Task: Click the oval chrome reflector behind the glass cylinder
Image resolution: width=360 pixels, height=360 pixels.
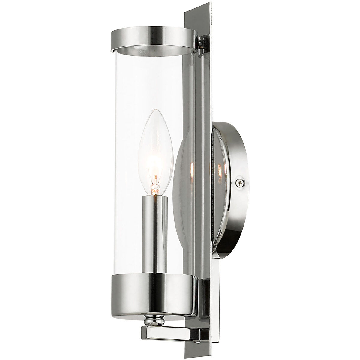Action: click(186, 180)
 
